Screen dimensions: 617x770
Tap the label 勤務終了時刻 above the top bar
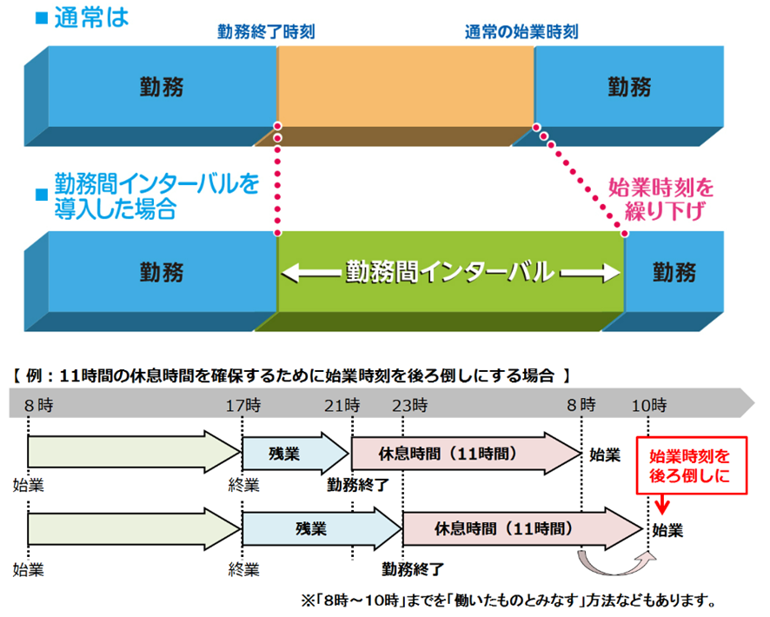point(266,32)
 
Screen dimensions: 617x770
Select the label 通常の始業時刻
point(521,32)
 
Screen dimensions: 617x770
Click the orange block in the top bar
point(405,87)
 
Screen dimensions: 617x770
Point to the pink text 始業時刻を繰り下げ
point(661,198)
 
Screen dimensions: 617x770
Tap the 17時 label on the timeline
point(242,404)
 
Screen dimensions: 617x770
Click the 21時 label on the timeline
point(342,404)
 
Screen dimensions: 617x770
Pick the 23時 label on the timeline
point(409,404)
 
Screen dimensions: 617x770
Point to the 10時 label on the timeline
point(650,404)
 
